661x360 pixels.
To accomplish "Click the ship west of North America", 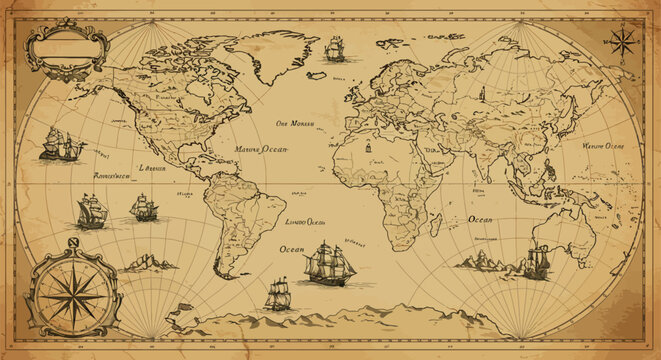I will [62, 146].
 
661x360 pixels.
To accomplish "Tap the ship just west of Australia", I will [536, 261].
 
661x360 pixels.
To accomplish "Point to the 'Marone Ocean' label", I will [261, 150].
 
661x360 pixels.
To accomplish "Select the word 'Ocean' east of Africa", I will [480, 218].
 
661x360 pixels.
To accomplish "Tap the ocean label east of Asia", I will [602, 146].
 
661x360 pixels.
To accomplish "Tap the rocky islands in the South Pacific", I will [147, 263].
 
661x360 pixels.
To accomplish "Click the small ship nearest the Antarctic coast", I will [278, 293].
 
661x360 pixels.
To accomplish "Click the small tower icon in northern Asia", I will [480, 95].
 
